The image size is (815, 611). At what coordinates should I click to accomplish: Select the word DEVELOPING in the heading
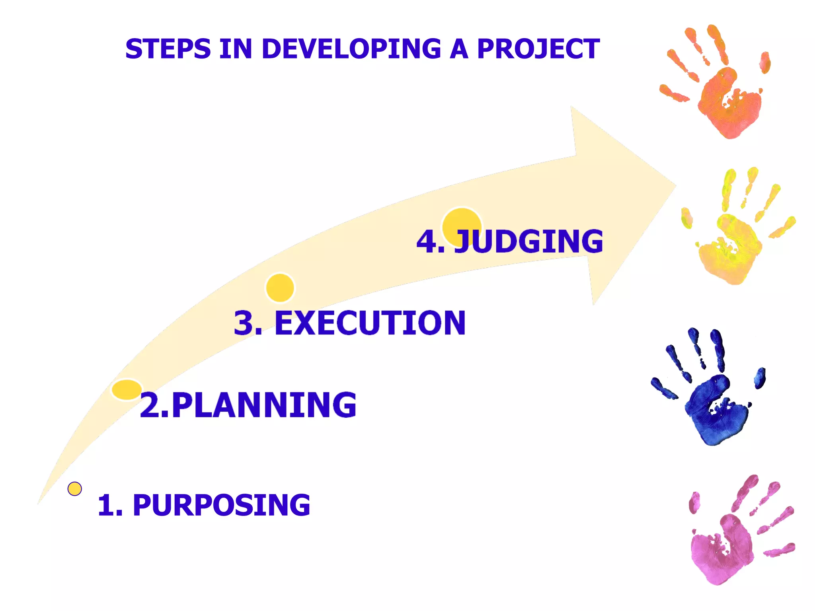[x=351, y=49]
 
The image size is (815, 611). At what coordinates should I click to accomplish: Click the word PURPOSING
[x=221, y=505]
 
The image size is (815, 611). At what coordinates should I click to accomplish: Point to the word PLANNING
[x=264, y=405]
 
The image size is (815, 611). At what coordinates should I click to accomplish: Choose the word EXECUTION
[x=370, y=323]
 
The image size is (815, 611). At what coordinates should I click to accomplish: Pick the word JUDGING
[x=529, y=241]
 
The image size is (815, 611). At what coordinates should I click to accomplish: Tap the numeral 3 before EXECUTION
[x=244, y=323]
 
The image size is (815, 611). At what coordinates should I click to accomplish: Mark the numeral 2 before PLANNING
[x=150, y=405]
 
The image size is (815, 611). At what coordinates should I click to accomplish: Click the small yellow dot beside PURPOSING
[x=75, y=488]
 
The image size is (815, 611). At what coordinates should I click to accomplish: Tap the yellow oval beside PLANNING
[x=127, y=389]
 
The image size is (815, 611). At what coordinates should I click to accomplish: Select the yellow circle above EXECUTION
[x=280, y=288]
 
